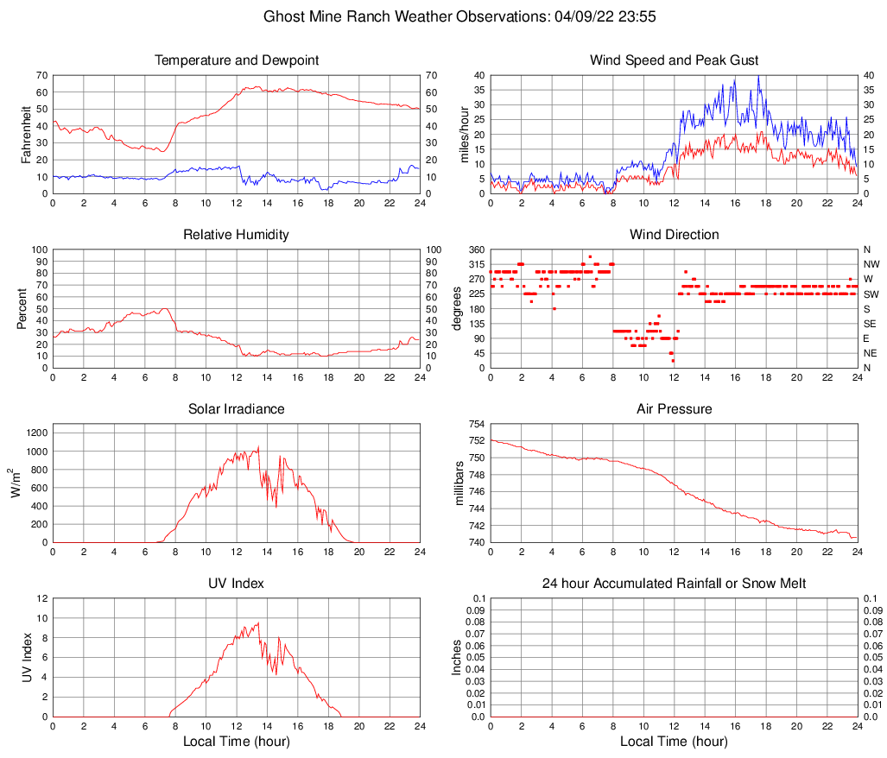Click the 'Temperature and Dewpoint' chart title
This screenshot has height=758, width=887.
[x=236, y=60]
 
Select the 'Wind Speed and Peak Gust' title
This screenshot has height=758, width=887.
[x=674, y=60]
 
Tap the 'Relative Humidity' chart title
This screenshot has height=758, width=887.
[x=236, y=235]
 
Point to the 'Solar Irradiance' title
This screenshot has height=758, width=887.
[x=236, y=409]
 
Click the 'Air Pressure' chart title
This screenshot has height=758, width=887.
[x=674, y=409]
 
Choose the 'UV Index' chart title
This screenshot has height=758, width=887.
[x=236, y=584]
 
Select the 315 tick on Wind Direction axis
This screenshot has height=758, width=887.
[x=476, y=264]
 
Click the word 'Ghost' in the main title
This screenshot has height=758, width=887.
[x=282, y=16]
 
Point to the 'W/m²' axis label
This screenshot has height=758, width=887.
[x=17, y=483]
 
